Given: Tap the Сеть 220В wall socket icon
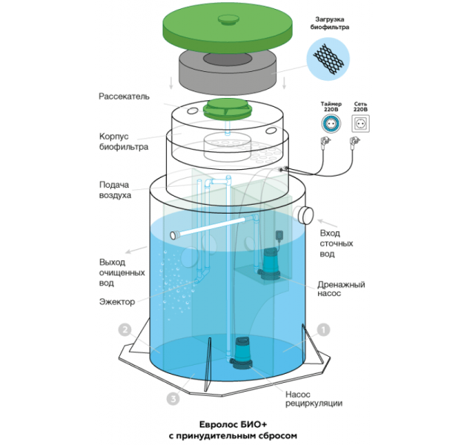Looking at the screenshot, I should pyautogui.click(x=361, y=123).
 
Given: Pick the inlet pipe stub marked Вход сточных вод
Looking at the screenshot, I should pyautogui.click(x=305, y=217).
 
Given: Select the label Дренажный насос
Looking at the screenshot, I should pyautogui.click(x=341, y=289).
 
